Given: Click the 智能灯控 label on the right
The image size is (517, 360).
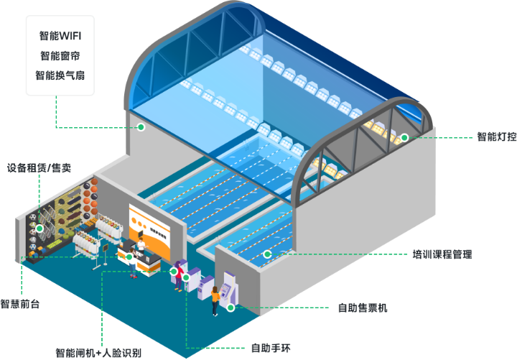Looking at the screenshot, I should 496,136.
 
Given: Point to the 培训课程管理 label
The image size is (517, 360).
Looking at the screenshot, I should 442,254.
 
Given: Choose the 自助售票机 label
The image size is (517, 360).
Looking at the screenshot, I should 363,308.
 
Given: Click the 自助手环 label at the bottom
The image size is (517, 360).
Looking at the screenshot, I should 267,349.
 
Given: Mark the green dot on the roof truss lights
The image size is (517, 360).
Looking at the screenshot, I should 404,137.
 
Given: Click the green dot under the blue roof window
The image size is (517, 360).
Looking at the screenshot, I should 141,127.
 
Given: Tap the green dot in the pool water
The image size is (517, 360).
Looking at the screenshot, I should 267,254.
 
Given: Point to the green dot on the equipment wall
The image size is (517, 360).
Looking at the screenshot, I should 40,229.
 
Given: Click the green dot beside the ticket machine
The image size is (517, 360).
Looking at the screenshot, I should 230,307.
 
